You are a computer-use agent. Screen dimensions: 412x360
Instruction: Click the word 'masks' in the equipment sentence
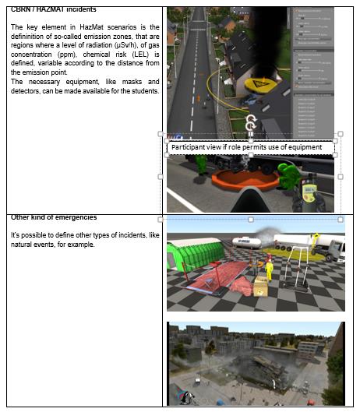[125, 82]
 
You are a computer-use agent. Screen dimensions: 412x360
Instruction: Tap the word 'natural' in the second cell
[23, 245]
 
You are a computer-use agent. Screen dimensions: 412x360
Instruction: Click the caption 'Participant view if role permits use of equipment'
[252, 147]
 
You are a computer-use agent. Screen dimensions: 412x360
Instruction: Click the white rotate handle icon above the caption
[251, 121]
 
